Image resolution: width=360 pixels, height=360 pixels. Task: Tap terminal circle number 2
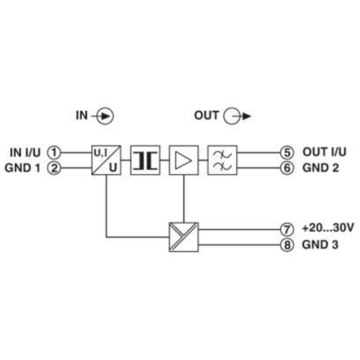click(55, 169)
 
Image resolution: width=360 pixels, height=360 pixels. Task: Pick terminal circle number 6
click(286, 169)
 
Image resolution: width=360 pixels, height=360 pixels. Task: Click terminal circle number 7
click(286, 229)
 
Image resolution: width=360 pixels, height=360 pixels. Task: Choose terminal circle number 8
click(286, 246)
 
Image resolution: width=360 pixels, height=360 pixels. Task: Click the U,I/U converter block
click(106, 160)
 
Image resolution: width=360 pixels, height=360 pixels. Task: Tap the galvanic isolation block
click(145, 160)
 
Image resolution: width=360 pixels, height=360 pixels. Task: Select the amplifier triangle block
click(184, 160)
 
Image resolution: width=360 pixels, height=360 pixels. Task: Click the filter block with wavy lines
click(222, 160)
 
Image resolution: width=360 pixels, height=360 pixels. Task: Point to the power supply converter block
click(184, 237)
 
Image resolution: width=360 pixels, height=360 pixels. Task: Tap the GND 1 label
click(23, 169)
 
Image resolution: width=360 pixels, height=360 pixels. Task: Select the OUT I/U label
click(324, 152)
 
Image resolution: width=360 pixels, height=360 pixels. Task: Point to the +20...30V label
click(328, 229)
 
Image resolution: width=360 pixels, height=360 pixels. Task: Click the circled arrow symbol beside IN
click(106, 116)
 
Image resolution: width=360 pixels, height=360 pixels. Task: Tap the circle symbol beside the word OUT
click(232, 116)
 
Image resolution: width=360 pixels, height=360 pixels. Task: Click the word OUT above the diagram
click(207, 115)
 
